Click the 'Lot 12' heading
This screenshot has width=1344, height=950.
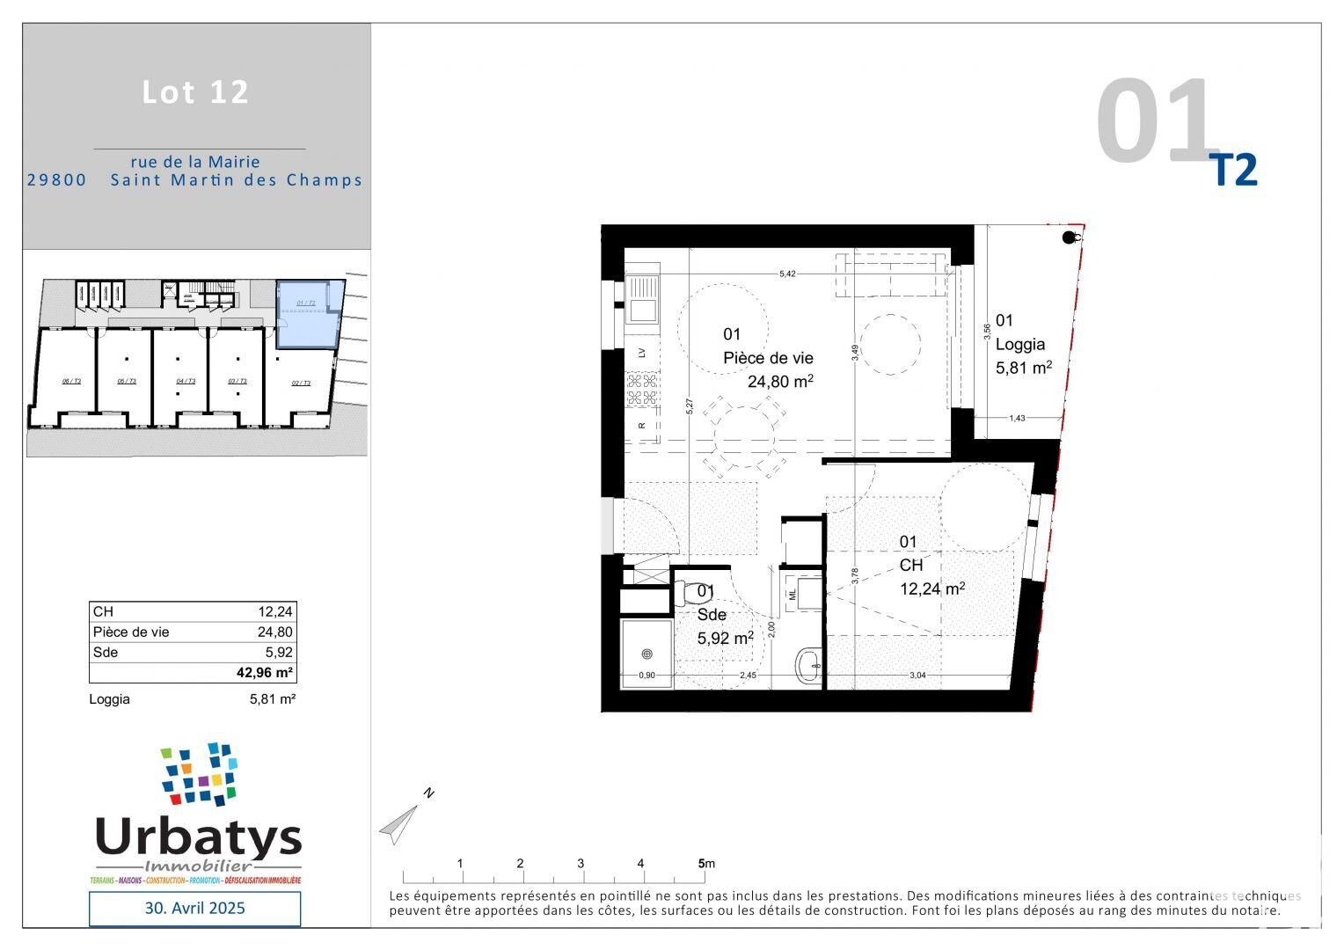click(x=195, y=92)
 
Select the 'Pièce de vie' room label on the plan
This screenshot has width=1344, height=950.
click(x=768, y=358)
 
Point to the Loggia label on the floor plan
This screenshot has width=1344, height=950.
click(x=1020, y=344)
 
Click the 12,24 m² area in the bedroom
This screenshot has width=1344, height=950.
click(x=931, y=588)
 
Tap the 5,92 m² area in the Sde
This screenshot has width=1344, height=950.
click(x=725, y=638)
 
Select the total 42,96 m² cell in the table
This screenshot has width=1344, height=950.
click(x=265, y=673)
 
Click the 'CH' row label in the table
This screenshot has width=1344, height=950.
click(x=103, y=611)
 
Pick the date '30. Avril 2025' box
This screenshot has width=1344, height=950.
click(x=194, y=908)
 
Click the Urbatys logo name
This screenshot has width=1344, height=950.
click(x=198, y=837)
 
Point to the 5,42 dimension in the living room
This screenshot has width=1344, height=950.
click(x=787, y=274)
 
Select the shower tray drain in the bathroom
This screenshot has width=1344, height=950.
click(x=646, y=654)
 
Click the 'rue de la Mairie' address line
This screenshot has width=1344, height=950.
click(x=195, y=162)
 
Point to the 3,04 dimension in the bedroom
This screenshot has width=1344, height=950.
click(x=917, y=675)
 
